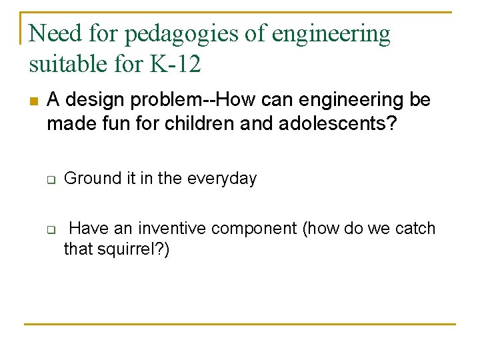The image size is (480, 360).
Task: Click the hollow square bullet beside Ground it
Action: point(50,180)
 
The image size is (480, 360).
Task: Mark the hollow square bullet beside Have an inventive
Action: point(50,231)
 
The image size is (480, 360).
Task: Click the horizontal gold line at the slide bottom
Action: point(240,324)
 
